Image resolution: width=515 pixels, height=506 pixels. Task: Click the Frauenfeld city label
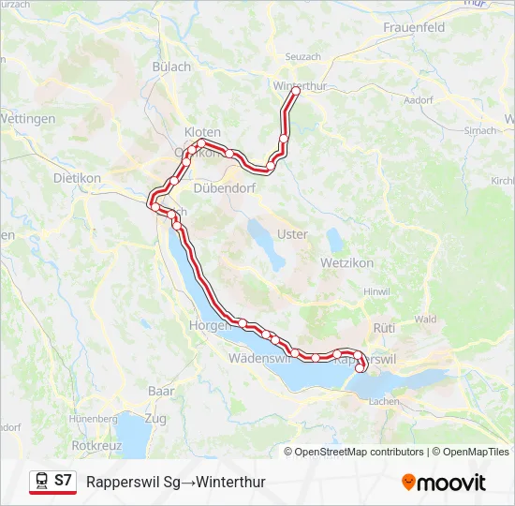(x=413, y=28)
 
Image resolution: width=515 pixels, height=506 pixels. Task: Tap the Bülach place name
(x=171, y=67)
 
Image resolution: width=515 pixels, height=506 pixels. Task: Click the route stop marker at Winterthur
(x=295, y=92)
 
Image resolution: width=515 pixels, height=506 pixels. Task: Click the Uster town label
(x=293, y=234)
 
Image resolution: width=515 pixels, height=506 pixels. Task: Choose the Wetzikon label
(x=348, y=263)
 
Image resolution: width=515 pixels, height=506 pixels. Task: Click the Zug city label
(x=155, y=417)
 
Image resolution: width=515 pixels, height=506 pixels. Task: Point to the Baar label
(x=161, y=390)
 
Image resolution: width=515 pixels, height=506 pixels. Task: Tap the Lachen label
(x=384, y=401)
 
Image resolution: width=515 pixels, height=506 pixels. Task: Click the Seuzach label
(x=302, y=57)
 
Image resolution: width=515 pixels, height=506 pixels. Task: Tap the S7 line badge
(x=63, y=480)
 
